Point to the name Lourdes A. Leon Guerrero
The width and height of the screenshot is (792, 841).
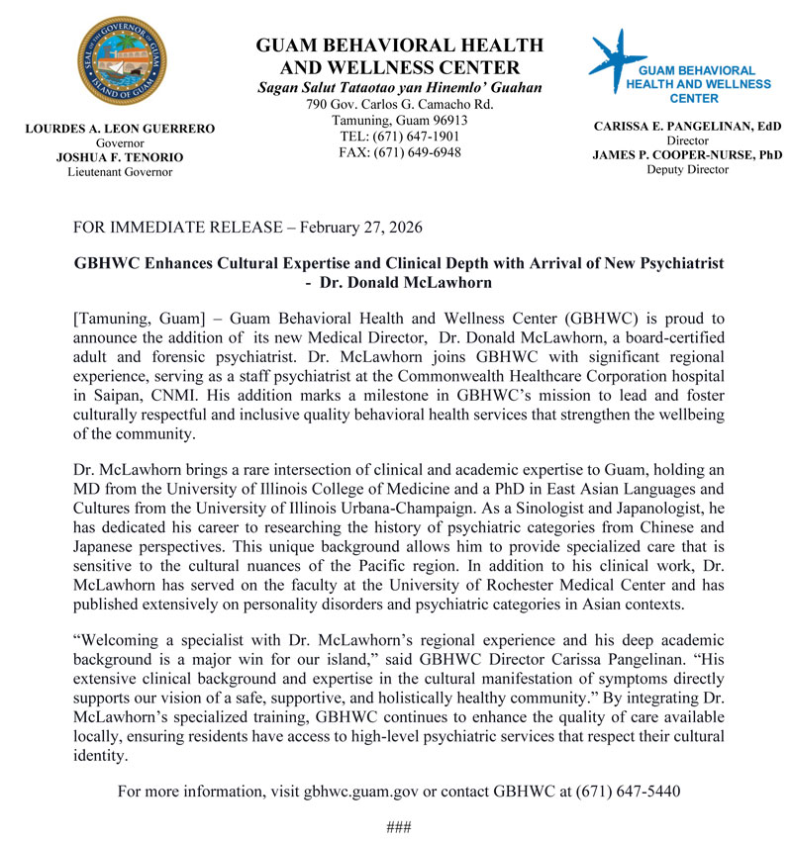(119, 129)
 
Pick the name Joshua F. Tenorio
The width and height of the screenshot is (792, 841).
(119, 157)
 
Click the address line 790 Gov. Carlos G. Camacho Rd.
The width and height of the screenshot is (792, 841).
(400, 105)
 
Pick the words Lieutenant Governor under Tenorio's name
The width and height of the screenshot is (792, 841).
(119, 172)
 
